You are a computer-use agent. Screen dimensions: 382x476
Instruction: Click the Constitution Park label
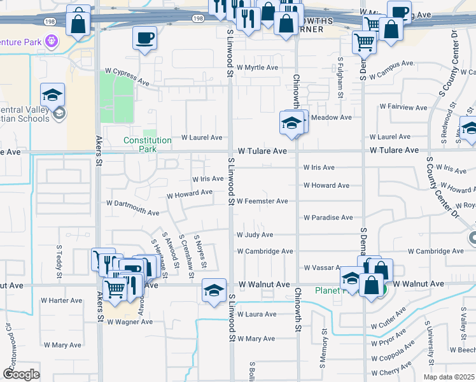(148, 144)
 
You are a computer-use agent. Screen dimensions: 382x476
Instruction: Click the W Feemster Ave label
(262, 201)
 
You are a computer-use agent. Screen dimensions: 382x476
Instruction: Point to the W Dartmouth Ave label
(133, 208)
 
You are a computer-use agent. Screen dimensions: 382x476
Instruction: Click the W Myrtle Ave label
(258, 67)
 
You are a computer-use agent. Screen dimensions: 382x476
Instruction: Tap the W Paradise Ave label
(328, 218)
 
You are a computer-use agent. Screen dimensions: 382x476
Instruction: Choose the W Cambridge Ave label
(265, 251)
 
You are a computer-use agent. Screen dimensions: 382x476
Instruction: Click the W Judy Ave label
(255, 235)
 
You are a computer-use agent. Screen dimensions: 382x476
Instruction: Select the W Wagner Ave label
(130, 322)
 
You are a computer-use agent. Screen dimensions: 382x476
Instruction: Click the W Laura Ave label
(256, 315)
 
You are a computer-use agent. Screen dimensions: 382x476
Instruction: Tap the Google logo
(21, 374)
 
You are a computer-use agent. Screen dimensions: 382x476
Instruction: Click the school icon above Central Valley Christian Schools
(53, 95)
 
